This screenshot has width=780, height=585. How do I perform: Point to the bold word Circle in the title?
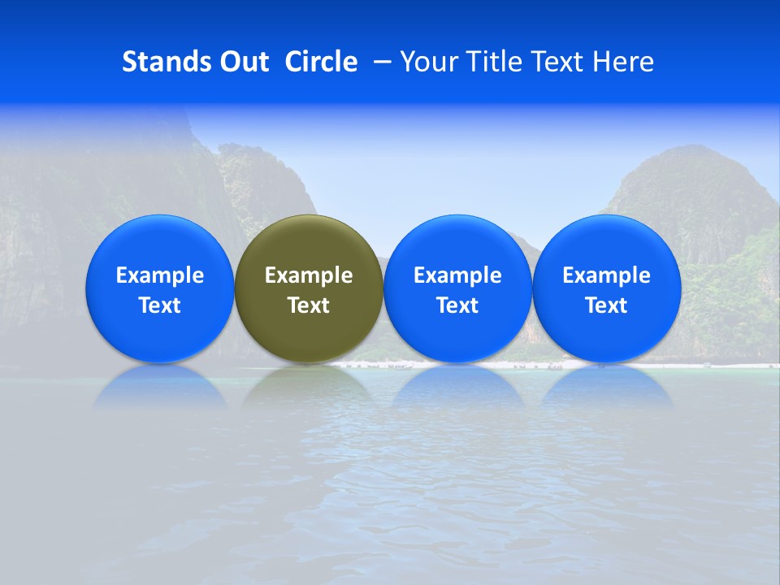click(x=321, y=62)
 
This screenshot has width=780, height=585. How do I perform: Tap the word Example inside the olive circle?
click(x=309, y=275)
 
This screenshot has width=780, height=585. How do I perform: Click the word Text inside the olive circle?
click(x=309, y=305)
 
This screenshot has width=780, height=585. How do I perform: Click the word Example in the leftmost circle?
click(x=159, y=275)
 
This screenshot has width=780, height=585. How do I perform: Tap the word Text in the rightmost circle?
click(x=607, y=305)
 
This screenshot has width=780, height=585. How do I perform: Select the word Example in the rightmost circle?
click(x=607, y=275)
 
